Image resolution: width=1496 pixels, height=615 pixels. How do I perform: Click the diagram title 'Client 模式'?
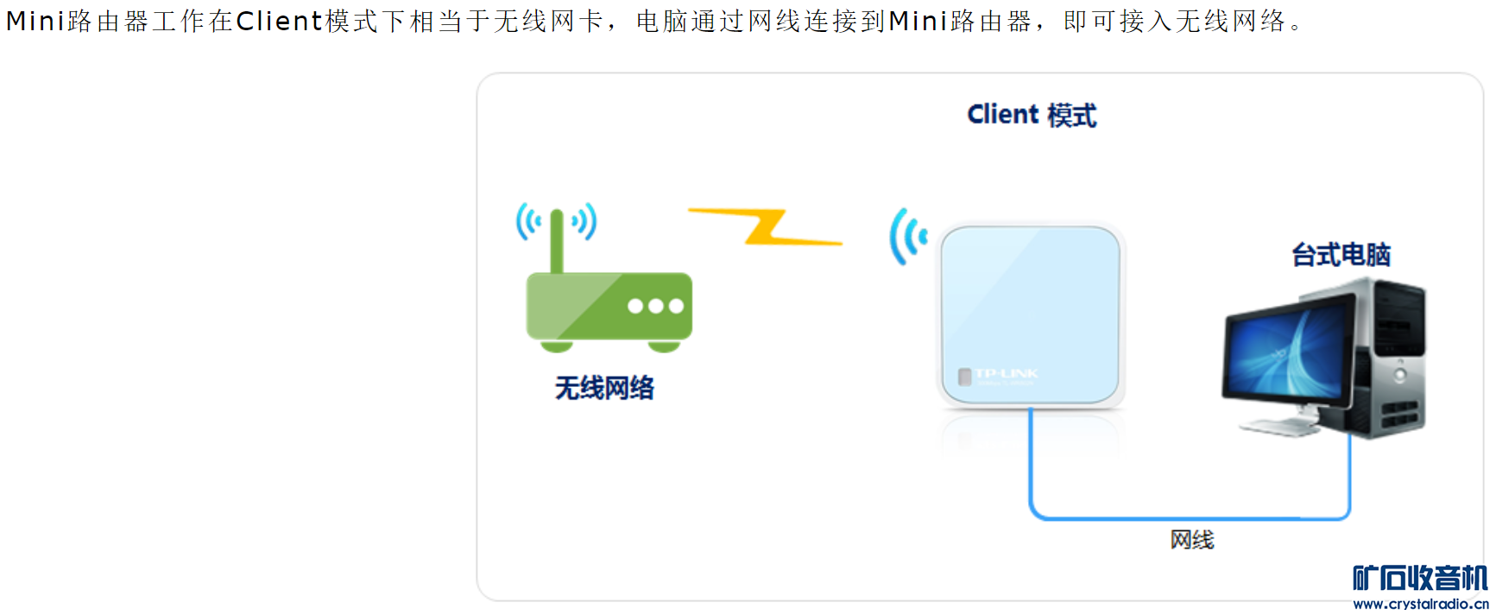(1032, 115)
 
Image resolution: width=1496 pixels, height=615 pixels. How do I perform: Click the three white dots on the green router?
(655, 306)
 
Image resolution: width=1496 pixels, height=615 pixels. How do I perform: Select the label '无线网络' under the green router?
(604, 388)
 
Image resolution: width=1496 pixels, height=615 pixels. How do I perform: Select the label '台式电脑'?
(1341, 255)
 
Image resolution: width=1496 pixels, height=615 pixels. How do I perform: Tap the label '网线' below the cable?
(1192, 540)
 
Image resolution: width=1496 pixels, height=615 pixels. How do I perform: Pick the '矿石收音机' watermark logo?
(1420, 578)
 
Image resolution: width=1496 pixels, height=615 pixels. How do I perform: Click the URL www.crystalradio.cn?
(1420, 604)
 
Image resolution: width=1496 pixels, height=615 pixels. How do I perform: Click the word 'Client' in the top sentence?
(279, 21)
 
